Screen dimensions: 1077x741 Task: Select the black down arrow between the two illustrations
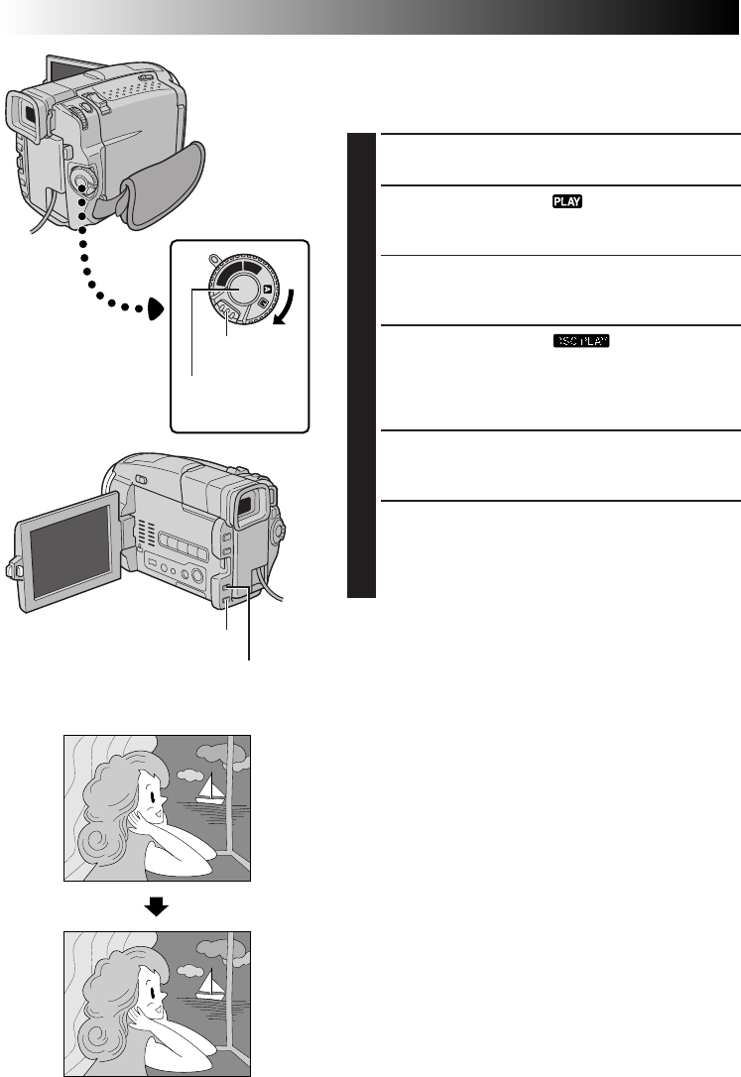coord(157,906)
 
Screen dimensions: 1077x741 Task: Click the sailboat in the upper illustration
coord(209,789)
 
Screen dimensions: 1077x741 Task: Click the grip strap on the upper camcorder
coord(164,182)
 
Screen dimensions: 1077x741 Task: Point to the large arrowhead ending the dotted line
coord(156,310)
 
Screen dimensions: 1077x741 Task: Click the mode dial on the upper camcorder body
coord(83,180)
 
